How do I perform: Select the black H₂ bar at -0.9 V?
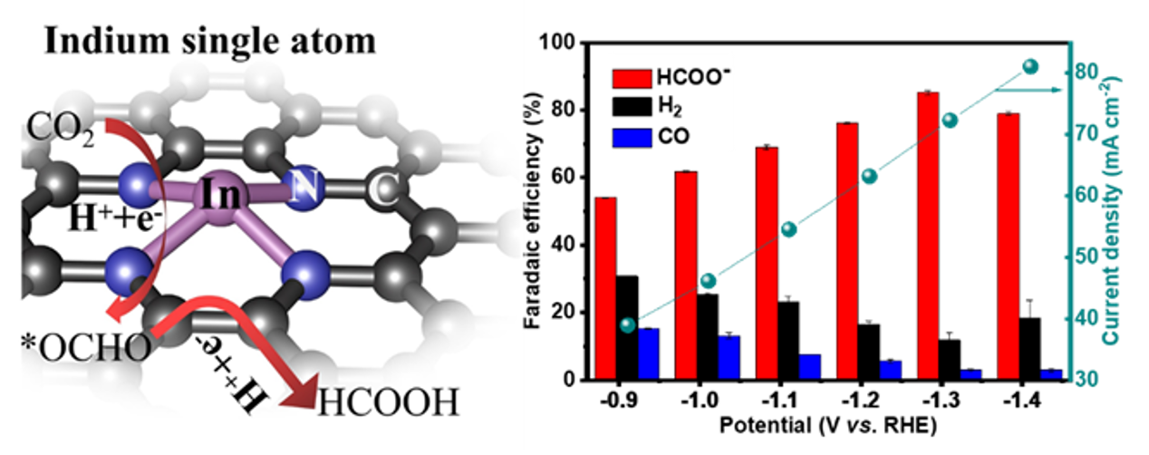[627, 327]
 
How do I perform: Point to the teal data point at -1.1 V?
[788, 229]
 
